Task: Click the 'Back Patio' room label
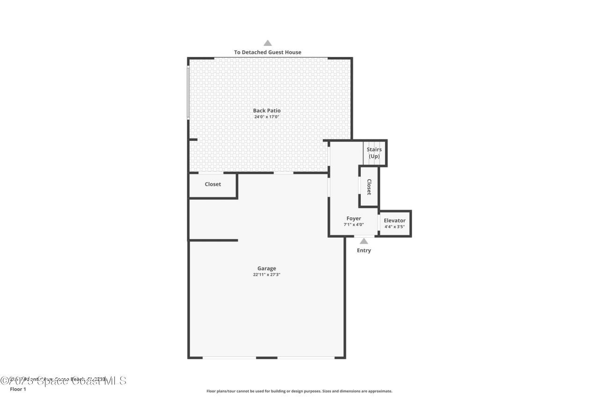pos(267,110)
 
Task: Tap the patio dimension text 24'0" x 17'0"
pos(267,117)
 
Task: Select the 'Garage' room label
pos(266,268)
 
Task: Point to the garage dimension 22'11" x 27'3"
pos(266,275)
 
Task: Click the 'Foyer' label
pos(353,218)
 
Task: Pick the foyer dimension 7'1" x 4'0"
pos(353,225)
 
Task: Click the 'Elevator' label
pos(394,220)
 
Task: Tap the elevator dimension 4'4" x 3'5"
pos(394,227)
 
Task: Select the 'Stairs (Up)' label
pos(374,153)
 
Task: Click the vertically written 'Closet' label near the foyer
pos(369,187)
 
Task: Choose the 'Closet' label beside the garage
pos(213,184)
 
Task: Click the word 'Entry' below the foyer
pos(364,251)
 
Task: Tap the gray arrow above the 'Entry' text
pos(364,241)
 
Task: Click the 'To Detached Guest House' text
pos(268,52)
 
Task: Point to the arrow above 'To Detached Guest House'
pos(268,43)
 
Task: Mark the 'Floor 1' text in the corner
pos(18,389)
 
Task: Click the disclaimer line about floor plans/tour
pos(299,391)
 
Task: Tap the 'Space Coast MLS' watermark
pos(63,381)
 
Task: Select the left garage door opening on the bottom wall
pos(229,358)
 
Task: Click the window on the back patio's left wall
pos(188,92)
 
